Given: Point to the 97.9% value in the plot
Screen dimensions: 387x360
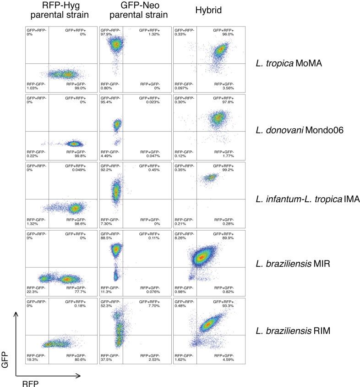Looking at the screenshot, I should coord(107,33).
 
